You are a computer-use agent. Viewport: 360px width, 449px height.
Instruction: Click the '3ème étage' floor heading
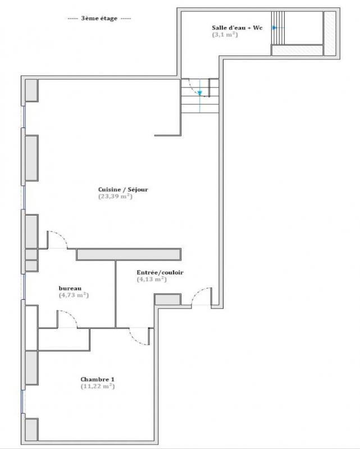point(99,19)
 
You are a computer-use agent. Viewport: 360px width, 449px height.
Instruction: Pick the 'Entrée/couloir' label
point(160,273)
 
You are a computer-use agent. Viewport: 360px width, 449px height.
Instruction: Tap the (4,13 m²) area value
point(152,280)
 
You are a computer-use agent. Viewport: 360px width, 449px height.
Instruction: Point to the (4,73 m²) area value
point(74,295)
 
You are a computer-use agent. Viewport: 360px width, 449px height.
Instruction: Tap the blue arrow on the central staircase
point(199,93)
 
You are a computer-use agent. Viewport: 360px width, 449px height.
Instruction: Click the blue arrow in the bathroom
point(274,28)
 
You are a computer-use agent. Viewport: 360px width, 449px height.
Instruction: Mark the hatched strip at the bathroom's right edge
point(330,34)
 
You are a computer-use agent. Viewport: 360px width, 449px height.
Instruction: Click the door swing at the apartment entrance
point(201,296)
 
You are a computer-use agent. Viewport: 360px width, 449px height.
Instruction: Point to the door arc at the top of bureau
point(58,239)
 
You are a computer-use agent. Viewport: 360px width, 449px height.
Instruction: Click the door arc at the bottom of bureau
point(67,319)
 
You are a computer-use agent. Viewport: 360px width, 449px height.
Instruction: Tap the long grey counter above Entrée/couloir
point(128,254)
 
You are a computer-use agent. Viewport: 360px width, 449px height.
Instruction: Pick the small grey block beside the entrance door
point(167,300)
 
